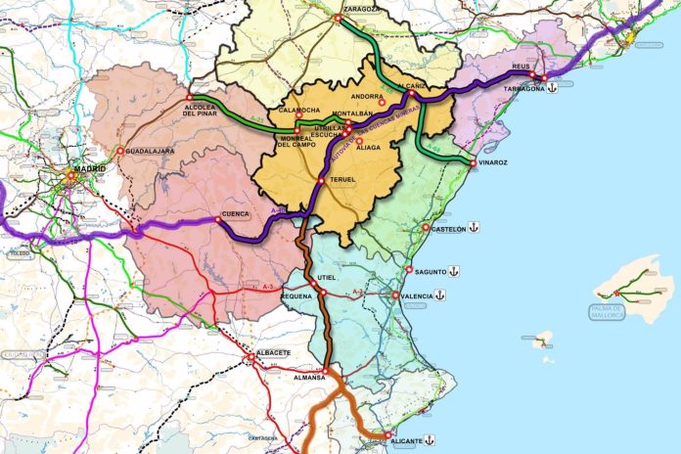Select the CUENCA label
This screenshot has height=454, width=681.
click(236, 214)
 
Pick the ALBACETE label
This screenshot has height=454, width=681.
click(272, 351)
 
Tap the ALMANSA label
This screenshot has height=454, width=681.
click(309, 377)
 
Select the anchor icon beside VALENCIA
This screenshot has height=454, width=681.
click(440, 295)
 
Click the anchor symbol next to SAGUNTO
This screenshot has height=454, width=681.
click(454, 271)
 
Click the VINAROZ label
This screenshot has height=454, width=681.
click(497, 163)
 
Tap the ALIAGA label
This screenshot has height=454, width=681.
click(368, 147)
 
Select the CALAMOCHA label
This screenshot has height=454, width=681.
click(297, 110)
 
